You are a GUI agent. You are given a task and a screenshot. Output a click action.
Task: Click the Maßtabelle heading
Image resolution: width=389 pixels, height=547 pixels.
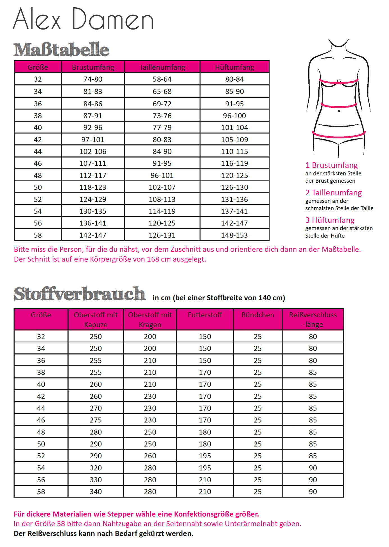coord(61,50)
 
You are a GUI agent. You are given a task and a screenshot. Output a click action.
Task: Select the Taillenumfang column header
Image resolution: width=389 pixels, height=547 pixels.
coord(162,67)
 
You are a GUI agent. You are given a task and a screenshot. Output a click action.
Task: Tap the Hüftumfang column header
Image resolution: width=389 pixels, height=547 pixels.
coord(234,67)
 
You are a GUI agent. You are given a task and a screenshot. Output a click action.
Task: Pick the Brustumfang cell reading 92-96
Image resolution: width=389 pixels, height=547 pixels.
coord(93,127)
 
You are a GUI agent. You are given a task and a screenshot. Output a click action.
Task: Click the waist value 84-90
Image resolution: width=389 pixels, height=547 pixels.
coord(162,151)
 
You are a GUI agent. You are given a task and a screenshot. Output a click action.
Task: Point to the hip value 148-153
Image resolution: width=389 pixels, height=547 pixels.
coord(234,235)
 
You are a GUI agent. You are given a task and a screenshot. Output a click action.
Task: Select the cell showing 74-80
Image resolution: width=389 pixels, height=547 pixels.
coord(93,79)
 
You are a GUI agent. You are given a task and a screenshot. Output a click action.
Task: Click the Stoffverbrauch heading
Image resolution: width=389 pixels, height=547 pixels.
coord(80,294)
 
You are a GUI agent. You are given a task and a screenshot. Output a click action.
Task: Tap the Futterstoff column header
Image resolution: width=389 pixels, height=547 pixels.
coord(205,315)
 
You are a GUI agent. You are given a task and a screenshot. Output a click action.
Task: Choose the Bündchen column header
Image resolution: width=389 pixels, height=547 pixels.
coord(258,315)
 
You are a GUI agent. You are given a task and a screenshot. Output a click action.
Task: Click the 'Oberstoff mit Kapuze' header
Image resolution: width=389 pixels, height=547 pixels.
coord(96,319)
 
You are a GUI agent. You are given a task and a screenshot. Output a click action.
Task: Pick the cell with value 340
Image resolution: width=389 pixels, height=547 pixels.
coord(96,492)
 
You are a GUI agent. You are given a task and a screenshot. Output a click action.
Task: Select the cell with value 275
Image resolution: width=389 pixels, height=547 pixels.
coord(96,420)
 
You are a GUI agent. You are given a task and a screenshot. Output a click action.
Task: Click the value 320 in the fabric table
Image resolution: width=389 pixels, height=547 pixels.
coord(96,468)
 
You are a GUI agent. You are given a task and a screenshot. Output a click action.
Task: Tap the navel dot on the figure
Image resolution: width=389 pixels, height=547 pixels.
coord(339,111)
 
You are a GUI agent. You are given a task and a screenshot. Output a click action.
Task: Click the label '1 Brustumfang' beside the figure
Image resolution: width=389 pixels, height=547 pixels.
coord(331,165)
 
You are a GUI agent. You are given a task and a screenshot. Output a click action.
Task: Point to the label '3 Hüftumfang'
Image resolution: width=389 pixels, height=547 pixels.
coord(330,220)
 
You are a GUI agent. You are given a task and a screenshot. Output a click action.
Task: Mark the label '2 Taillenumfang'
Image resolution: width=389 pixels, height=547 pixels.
coord(333,193)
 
